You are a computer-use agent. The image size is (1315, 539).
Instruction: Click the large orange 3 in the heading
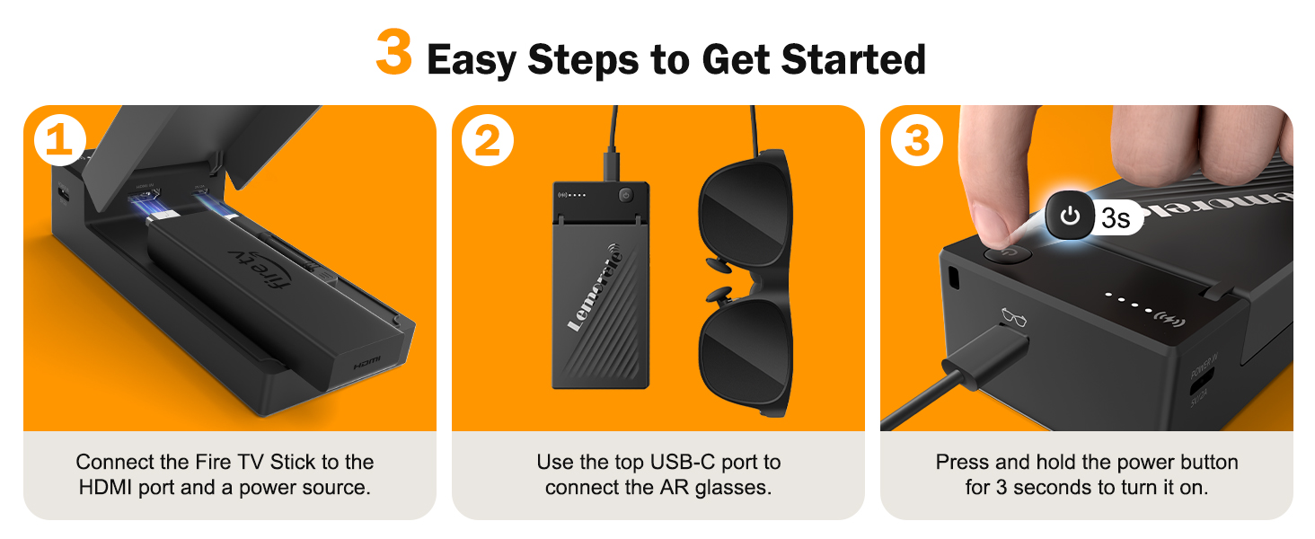pyautogui.click(x=393, y=54)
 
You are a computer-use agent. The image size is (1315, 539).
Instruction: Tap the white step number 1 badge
pyautogui.click(x=58, y=141)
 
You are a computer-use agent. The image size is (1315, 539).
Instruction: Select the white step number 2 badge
pyautogui.click(x=487, y=141)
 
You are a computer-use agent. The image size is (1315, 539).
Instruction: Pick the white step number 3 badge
pyautogui.click(x=915, y=141)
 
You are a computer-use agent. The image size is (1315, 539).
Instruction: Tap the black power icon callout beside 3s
pyautogui.click(x=1069, y=216)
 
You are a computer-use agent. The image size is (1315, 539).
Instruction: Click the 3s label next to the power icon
pyautogui.click(x=1115, y=217)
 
